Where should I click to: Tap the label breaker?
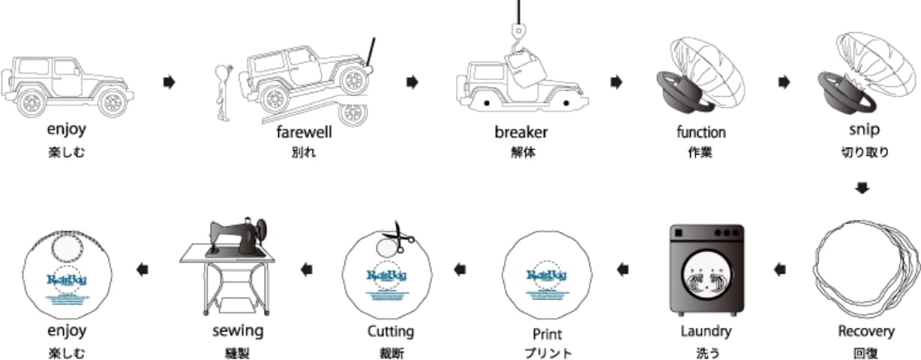(521, 133)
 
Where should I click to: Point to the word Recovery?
(866, 331)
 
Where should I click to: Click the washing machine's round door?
(706, 282)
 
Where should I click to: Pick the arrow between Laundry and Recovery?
(781, 268)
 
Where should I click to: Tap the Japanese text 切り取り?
(865, 152)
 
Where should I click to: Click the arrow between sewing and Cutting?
(306, 268)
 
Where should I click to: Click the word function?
(701, 133)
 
